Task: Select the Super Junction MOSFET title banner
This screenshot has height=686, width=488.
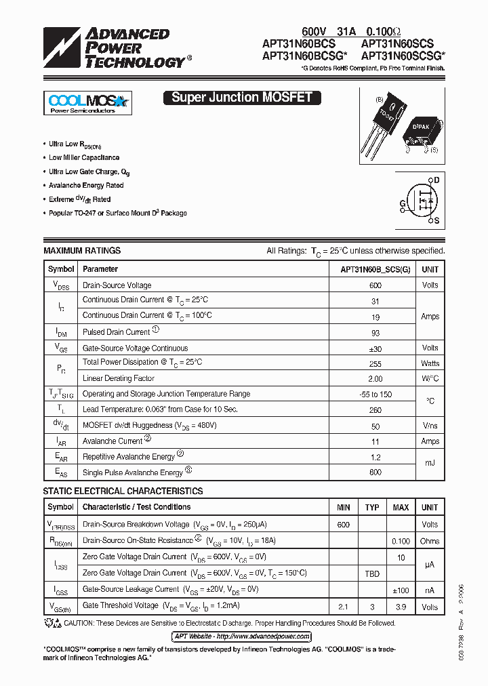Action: (x=241, y=98)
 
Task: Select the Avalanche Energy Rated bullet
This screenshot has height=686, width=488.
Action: (x=86, y=185)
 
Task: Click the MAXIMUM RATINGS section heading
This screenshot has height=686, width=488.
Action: (x=82, y=251)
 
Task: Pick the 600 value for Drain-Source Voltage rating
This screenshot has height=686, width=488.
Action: (x=375, y=285)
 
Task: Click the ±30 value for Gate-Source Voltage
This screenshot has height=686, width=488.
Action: (x=375, y=348)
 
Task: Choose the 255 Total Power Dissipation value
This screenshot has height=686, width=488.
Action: (x=375, y=363)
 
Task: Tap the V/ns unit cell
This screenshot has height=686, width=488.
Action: (x=430, y=426)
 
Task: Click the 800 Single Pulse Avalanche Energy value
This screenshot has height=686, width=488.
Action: (x=375, y=472)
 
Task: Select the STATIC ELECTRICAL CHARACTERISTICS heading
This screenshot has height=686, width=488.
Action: (x=123, y=491)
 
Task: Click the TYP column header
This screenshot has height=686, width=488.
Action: (x=372, y=507)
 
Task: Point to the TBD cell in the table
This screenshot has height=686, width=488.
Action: (x=372, y=573)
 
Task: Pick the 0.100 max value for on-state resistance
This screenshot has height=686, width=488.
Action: (x=401, y=541)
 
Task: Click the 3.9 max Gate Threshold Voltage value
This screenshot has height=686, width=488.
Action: (x=401, y=606)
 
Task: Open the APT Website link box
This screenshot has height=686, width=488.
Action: (x=241, y=637)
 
